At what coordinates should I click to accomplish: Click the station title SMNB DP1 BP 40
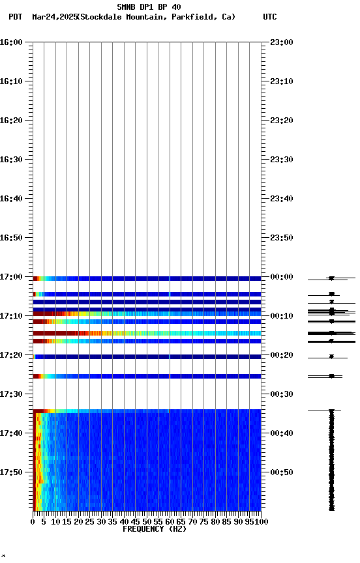149,7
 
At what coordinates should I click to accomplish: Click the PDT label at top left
16,17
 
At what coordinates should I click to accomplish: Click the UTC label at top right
269,17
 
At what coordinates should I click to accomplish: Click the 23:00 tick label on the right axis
281,42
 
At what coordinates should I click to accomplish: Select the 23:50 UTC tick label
281,238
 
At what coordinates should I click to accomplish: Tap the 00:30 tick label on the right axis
281,394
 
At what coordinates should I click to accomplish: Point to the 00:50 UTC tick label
281,472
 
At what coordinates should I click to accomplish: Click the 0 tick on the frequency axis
33,522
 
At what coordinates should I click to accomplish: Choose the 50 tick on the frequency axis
147,522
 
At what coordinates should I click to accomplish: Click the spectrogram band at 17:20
147,356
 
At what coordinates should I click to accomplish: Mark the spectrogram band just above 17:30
147,376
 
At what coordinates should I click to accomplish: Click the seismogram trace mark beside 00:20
331,356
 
